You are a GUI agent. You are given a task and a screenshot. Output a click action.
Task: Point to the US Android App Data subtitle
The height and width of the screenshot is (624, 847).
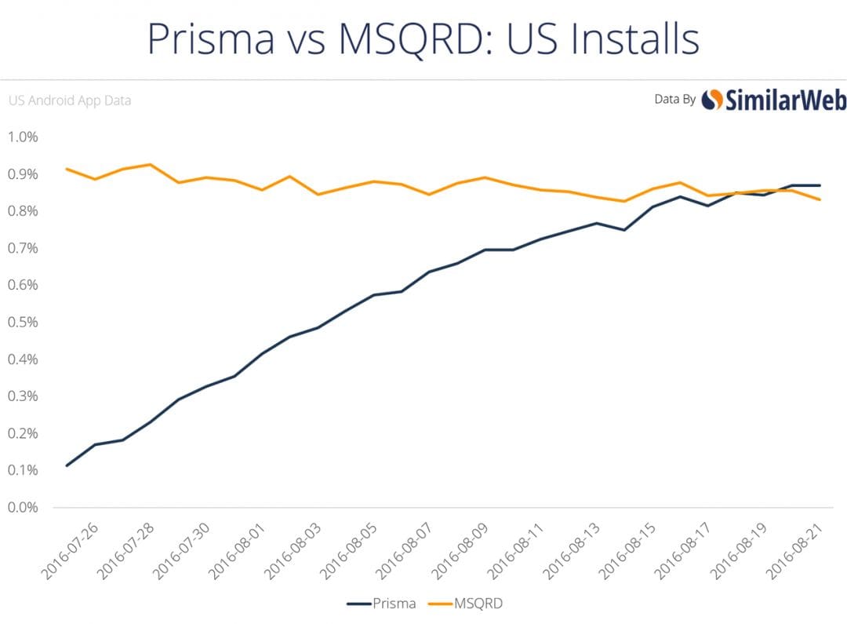(x=69, y=100)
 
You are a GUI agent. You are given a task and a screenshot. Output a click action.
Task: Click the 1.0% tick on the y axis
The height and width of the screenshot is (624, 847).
(x=23, y=137)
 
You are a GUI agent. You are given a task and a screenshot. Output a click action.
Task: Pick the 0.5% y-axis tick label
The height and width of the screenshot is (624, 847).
(x=23, y=322)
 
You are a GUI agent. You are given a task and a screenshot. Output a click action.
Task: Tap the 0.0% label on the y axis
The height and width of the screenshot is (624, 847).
(x=23, y=507)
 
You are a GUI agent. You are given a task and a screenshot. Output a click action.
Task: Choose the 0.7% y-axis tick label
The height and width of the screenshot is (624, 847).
(x=23, y=248)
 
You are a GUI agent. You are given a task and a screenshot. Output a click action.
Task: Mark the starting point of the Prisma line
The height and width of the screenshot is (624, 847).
(x=67, y=465)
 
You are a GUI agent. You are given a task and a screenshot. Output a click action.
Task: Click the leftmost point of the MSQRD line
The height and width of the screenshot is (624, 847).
(x=67, y=169)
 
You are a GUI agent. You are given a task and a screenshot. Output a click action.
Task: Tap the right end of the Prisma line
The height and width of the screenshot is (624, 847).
(x=820, y=185)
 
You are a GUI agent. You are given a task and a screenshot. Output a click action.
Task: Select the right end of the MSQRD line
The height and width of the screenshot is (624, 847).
(x=820, y=199)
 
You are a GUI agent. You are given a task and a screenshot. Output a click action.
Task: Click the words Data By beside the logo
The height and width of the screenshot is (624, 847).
(x=674, y=100)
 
